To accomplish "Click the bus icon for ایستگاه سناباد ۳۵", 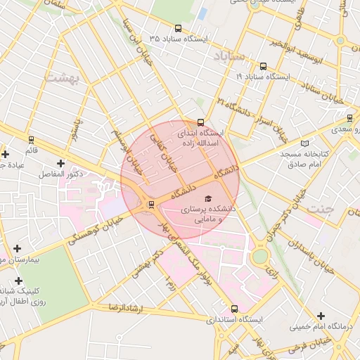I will tap(177, 29).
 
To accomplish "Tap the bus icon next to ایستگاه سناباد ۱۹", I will tap(263, 67).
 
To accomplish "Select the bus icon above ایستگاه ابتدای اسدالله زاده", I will tap(201, 122).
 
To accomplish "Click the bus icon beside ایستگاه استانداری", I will tap(234, 309).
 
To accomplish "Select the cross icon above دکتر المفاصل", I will tap(61, 164).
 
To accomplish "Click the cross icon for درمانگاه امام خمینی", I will tap(321, 316).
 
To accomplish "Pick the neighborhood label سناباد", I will tap(231, 55).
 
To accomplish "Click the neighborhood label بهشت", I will tap(63, 77).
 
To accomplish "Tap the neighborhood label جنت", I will tap(322, 208).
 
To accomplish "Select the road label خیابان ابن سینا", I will tap(134, 41).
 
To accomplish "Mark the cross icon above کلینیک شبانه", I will tap(19, 281).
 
